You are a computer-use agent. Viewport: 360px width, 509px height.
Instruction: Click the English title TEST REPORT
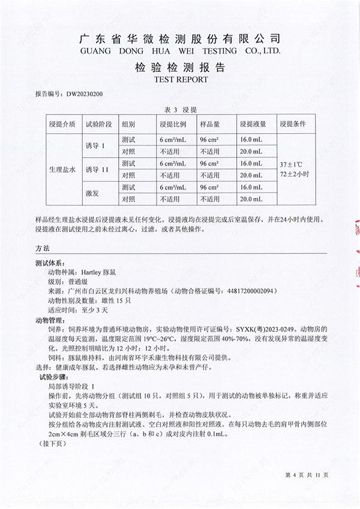(181, 79)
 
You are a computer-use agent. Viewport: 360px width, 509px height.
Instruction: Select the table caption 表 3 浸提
(181, 109)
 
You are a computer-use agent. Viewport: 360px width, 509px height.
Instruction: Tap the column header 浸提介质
(62, 125)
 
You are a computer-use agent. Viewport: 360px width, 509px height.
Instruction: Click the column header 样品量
(209, 125)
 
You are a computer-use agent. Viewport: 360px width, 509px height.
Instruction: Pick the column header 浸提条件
(293, 125)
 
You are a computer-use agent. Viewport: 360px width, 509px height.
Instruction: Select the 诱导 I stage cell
(95, 145)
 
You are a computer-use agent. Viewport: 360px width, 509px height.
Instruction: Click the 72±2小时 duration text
(294, 174)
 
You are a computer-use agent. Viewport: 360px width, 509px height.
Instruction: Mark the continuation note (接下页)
(51, 444)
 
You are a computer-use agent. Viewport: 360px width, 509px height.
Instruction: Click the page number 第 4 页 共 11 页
(307, 475)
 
